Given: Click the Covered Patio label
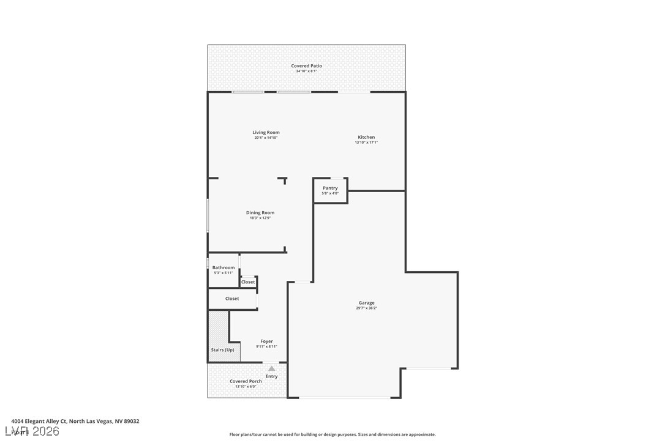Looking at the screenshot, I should (x=306, y=65).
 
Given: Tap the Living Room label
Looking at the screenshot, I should (x=266, y=132).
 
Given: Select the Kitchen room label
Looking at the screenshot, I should (x=366, y=137).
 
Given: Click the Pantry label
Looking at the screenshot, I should (x=330, y=188).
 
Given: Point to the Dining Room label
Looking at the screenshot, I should (x=260, y=213).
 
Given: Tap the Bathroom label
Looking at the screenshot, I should (x=224, y=267).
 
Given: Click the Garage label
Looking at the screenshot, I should (x=366, y=303).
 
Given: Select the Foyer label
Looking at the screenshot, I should (x=266, y=341).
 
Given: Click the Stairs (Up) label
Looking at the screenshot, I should (x=222, y=350).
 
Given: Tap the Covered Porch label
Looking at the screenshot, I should (x=246, y=381).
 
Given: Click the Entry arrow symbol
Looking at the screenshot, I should (x=271, y=368).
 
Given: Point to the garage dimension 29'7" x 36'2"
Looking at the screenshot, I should (x=366, y=308).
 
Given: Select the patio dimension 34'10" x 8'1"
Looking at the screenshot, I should (x=306, y=71).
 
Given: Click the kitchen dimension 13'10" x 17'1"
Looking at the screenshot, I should (x=366, y=143).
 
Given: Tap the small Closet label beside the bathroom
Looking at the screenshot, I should (x=248, y=282).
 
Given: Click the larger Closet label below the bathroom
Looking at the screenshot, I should (x=232, y=299).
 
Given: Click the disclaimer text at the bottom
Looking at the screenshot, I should (x=332, y=434).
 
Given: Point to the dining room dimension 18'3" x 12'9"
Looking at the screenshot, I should (x=260, y=218).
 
